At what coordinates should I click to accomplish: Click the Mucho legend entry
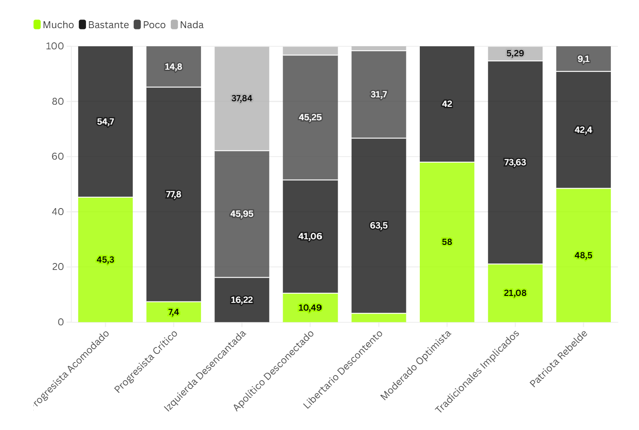pos(54,25)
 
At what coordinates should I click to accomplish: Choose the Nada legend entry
pos(187,25)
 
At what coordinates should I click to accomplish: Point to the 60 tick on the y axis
pos(58,157)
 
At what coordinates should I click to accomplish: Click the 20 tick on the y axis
pos(58,267)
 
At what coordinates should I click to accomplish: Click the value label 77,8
pos(173,195)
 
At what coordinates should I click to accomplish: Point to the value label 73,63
pos(515,163)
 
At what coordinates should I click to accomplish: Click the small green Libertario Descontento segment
pos(379,318)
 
